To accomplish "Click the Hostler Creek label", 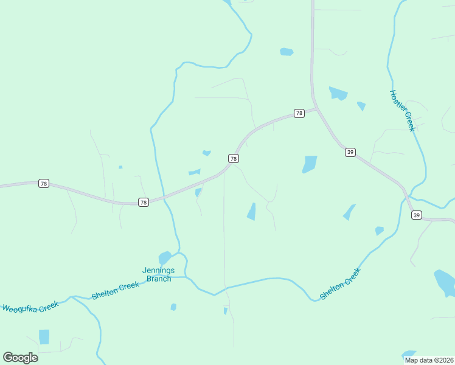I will click(x=402, y=111).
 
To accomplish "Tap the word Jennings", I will click(x=158, y=271).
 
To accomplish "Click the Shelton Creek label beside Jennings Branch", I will click(x=116, y=290).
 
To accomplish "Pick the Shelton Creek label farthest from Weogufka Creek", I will click(x=340, y=284).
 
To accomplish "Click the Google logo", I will click(x=20, y=357).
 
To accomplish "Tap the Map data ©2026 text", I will click(x=429, y=360).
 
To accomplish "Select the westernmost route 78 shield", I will click(x=43, y=183).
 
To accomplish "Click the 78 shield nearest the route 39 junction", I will click(x=299, y=113).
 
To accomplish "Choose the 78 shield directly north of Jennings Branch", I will click(x=143, y=202).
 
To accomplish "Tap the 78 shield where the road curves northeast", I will click(x=234, y=158).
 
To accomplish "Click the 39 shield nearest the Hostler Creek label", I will click(x=350, y=152).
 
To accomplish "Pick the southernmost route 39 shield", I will click(x=416, y=215).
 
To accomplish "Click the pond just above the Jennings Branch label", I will click(x=165, y=258).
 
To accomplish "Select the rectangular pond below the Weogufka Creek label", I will click(x=44, y=336).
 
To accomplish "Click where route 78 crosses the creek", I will click(x=162, y=198).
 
